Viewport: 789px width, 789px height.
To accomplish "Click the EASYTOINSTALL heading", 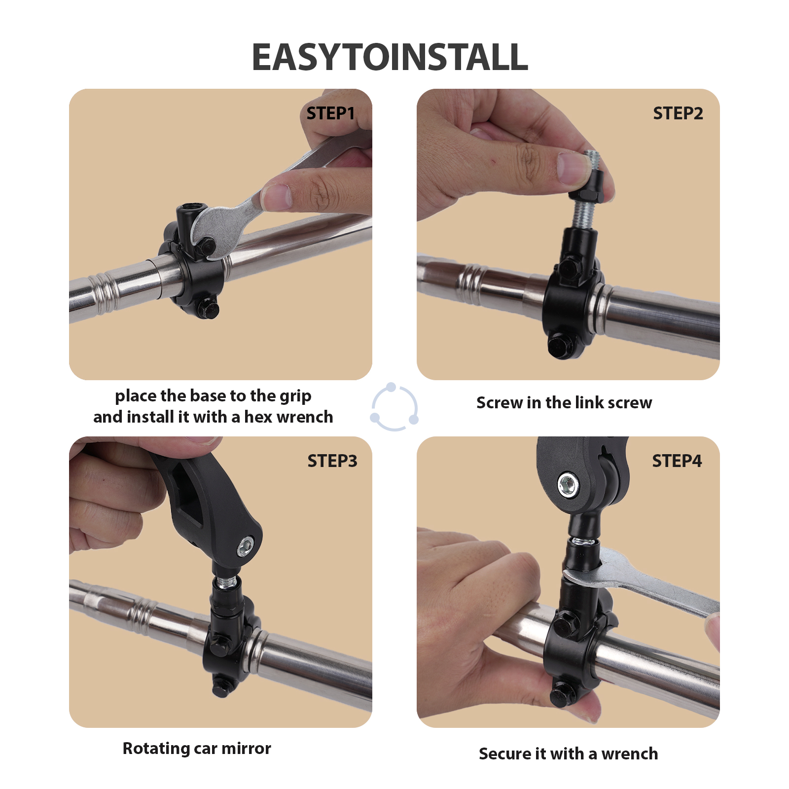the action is pos(390,57).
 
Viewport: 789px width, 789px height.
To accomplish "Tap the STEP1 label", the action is pos(330,113).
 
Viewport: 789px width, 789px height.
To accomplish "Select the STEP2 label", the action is pos(678,113).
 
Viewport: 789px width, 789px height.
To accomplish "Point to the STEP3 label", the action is pos(332,461).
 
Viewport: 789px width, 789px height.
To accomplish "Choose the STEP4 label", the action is pos(677,461).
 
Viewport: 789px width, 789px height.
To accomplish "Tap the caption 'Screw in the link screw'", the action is pos(564,403).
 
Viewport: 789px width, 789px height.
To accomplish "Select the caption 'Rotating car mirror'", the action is pos(197,749).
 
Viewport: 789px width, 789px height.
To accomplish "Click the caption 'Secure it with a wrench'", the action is pos(568,754).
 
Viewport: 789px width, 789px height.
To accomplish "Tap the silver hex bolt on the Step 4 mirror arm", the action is pos(569,486).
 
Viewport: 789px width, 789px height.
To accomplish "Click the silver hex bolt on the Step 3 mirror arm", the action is pos(245,546).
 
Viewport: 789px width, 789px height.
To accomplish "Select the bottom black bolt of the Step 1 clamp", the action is pos(208,308).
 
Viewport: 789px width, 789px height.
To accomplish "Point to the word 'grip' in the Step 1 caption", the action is pos(295,396).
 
